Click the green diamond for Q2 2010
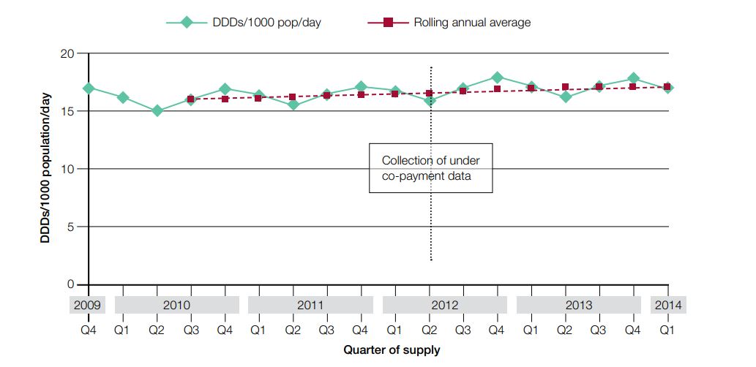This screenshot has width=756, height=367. tap(157, 111)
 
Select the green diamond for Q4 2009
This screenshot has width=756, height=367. tap(89, 88)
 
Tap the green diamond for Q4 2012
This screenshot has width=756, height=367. tap(497, 77)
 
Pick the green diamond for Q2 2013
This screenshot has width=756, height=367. tap(565, 97)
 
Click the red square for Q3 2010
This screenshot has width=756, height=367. tap(191, 99)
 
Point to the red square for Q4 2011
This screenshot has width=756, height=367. tap(361, 94)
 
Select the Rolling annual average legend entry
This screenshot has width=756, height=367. tap(471, 22)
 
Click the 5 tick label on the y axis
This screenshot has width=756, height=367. tap(72, 227)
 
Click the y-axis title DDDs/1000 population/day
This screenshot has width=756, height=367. tap(45, 168)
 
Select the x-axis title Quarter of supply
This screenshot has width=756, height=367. tap(392, 350)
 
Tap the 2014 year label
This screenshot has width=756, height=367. tap(667, 305)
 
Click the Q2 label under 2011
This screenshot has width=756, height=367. tap(293, 330)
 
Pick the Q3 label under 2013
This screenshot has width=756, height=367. tap(599, 330)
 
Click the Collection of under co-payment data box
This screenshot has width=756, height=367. tap(430, 168)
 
